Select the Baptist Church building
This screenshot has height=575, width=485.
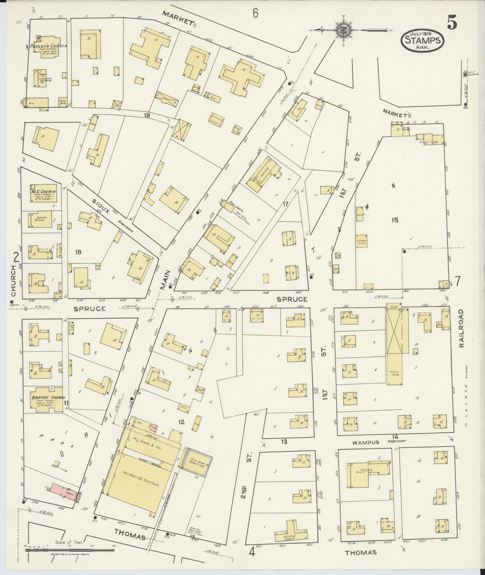pyautogui.click(x=44, y=399)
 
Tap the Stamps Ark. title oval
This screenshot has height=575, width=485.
pyautogui.click(x=422, y=40)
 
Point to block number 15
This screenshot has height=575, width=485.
pyautogui.click(x=395, y=220)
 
